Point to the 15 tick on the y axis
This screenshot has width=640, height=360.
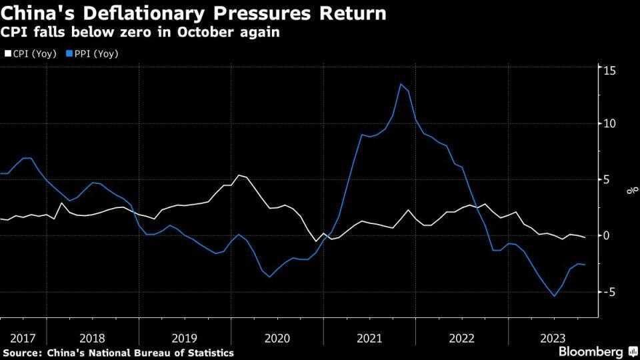coord(609,70)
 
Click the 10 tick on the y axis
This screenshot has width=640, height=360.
coord(609,123)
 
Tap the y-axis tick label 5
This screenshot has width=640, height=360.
coord(607,179)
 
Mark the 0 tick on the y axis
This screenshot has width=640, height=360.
coord(607,235)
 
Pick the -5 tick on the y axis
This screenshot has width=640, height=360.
coord(608,291)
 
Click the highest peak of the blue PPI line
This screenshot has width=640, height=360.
coord(401,84)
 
